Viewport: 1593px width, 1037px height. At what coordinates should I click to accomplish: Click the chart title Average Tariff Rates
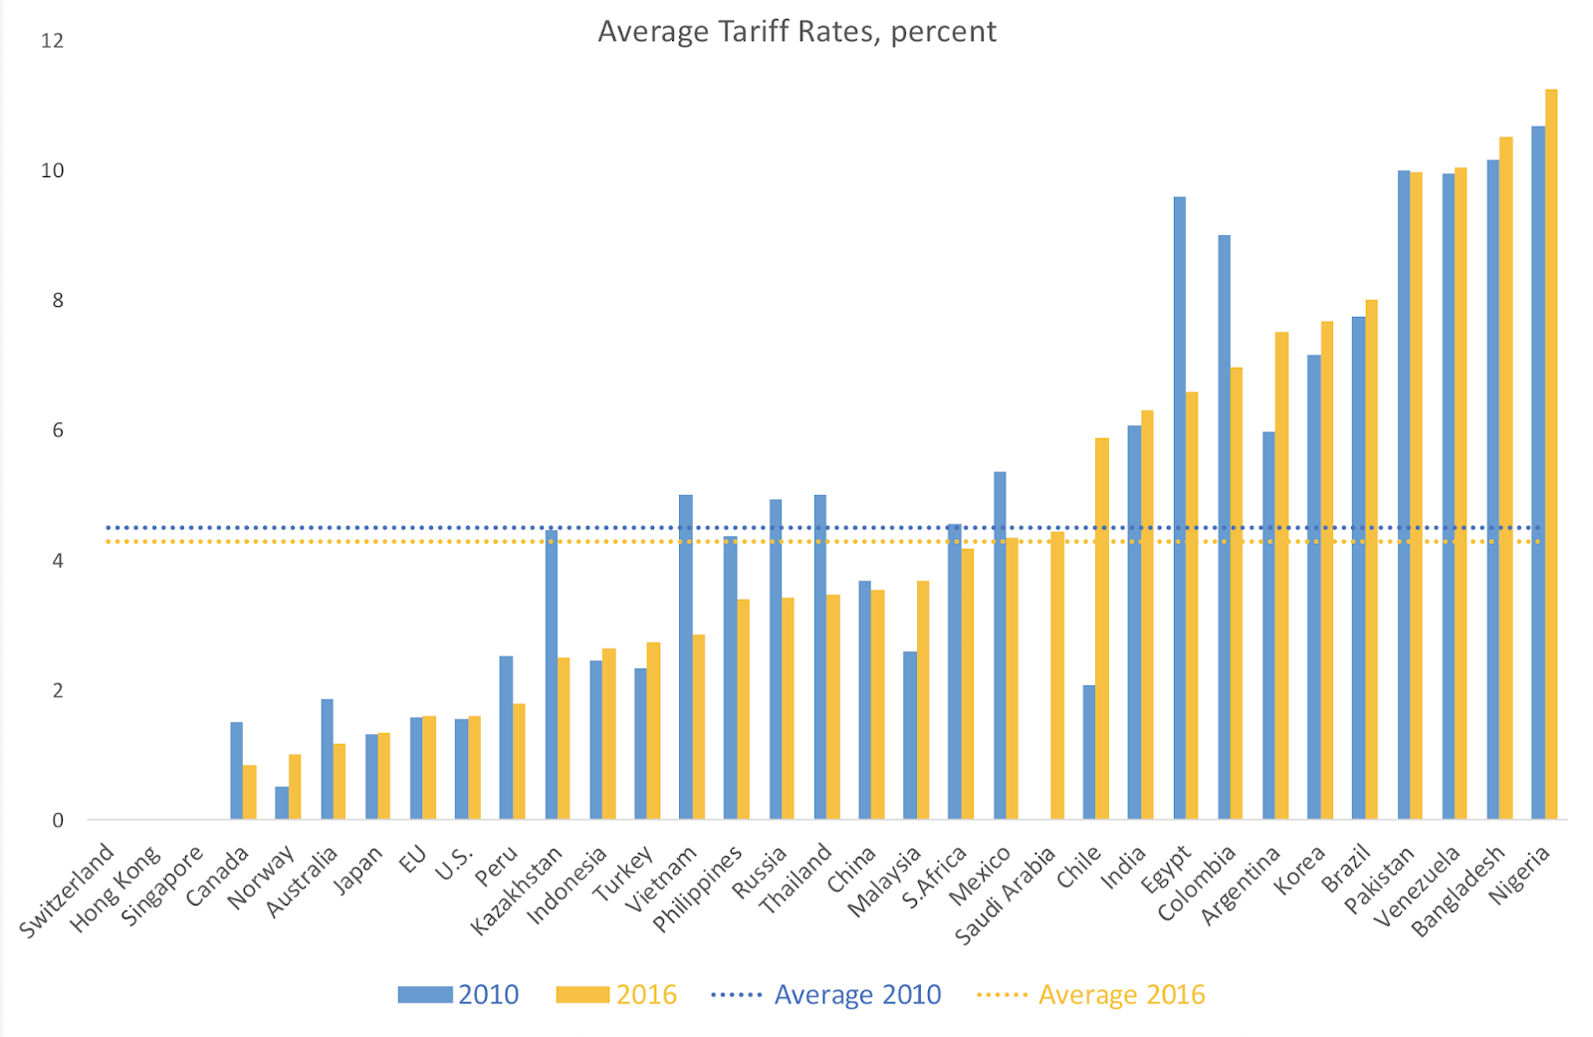click(x=796, y=32)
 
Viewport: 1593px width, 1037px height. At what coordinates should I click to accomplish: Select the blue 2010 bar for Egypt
click(x=1179, y=508)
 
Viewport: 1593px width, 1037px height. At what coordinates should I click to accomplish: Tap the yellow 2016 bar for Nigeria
click(x=1550, y=454)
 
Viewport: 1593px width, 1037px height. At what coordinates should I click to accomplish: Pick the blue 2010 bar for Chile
click(x=1089, y=752)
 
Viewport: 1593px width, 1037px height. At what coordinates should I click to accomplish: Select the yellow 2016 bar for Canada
click(x=250, y=792)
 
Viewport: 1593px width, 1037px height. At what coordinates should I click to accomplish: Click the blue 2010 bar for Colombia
click(x=1224, y=527)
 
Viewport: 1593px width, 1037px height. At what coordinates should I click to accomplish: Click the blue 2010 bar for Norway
click(x=282, y=803)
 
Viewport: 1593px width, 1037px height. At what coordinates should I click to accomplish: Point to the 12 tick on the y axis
click(x=52, y=41)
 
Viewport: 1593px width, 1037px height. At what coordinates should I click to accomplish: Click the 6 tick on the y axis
click(x=58, y=430)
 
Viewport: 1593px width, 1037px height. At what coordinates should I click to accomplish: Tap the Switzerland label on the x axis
click(x=68, y=891)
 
